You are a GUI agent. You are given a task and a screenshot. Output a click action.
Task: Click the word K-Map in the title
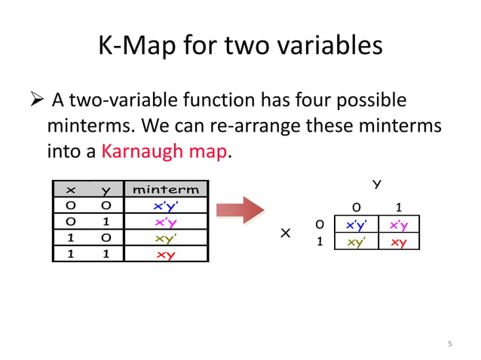coord(138,47)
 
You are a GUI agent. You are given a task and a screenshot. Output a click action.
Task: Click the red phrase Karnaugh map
coord(164,151)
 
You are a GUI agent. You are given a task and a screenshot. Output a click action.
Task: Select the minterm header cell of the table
coord(166,190)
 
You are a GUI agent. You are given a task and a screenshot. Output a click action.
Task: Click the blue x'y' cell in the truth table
coord(165,206)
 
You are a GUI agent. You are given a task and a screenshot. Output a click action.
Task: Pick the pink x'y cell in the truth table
coord(165,222)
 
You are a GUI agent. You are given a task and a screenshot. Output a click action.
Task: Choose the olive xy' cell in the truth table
coord(165,238)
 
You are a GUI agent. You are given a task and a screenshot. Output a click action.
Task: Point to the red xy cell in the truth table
coord(165,255)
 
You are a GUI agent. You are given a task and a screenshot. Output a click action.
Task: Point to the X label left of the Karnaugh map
coord(286,234)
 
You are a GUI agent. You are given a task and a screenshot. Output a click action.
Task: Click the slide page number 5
coord(449,344)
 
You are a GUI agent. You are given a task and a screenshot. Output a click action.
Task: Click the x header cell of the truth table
coord(71,190)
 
